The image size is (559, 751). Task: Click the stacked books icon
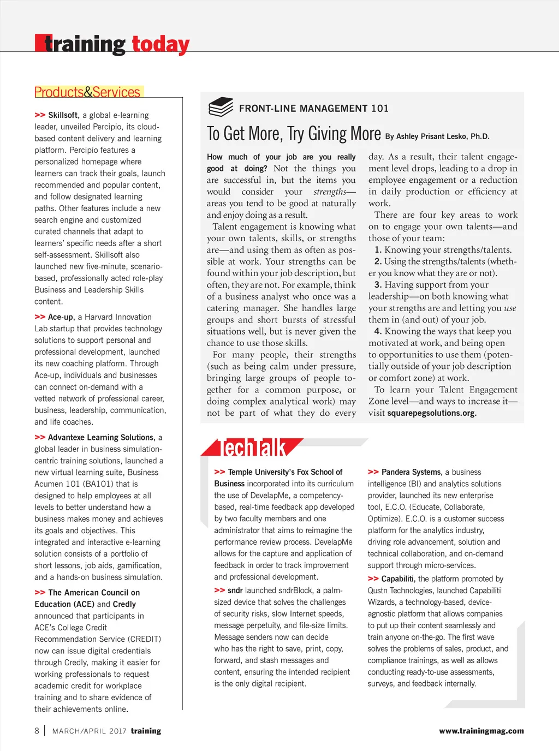coord(221,107)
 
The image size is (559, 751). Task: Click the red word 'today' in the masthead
coord(160,44)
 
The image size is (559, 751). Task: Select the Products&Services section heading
coord(87,92)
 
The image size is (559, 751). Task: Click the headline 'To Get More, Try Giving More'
coord(294,134)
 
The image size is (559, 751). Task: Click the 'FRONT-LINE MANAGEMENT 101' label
coord(313,109)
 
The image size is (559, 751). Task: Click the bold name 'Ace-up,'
coord(61,317)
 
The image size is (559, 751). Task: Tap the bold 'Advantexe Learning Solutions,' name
coord(102,438)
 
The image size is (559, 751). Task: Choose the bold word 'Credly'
coord(124,604)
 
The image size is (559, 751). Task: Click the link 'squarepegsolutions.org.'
coord(432,413)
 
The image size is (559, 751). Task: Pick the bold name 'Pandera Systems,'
coord(412,472)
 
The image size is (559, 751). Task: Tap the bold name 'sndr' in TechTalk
coord(235,591)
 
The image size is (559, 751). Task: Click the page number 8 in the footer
coord(37,731)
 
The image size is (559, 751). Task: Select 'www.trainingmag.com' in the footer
coord(481,731)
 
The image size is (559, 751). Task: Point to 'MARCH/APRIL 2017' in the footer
coord(89,731)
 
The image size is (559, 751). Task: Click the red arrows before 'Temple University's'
coord(219,472)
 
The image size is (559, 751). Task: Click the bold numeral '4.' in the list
coord(378,331)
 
